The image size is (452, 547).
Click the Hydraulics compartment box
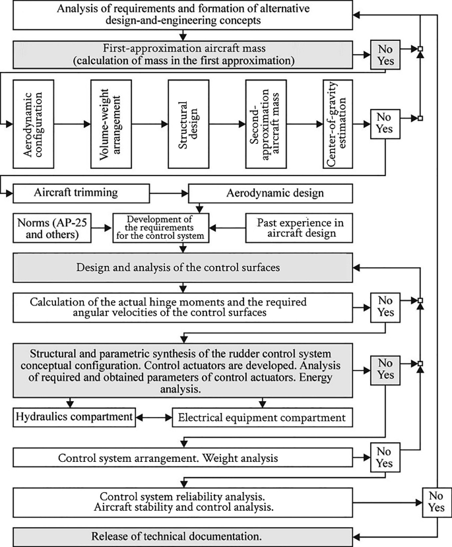tap(73, 417)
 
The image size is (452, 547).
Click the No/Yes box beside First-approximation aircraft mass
tap(385, 54)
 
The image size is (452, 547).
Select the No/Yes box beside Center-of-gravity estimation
tap(385, 123)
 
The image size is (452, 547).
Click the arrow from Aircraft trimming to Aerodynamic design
tap(153, 193)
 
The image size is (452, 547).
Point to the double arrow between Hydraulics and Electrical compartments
tap(154, 417)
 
